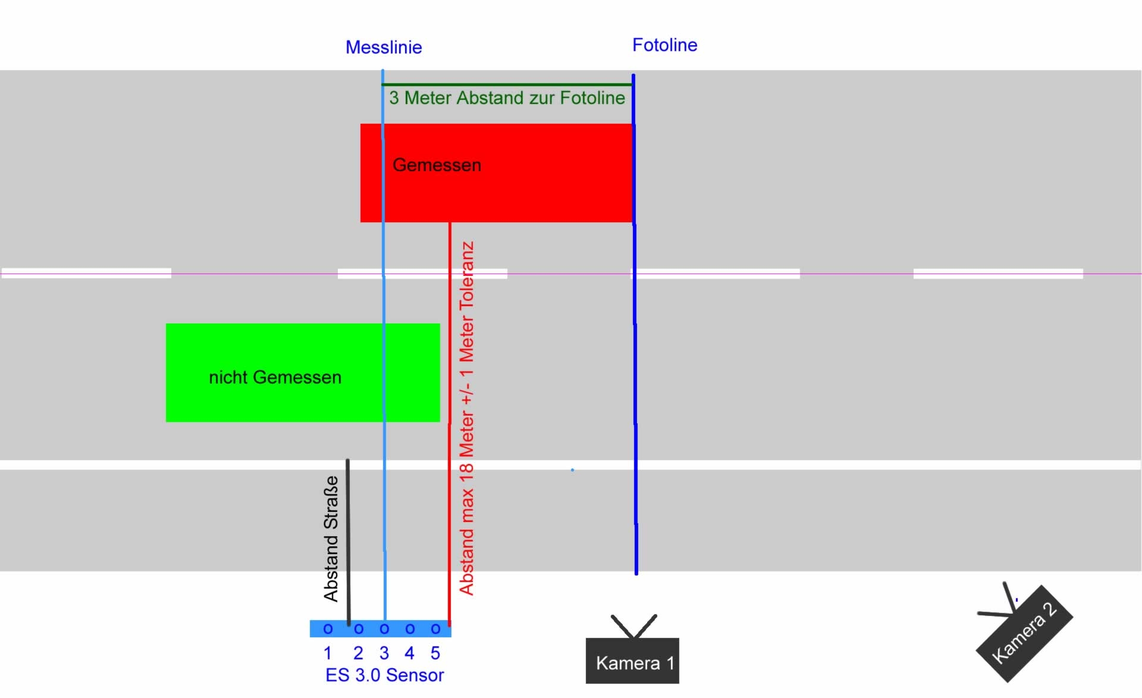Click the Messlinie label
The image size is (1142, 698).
point(384,48)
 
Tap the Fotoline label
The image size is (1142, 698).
point(664,45)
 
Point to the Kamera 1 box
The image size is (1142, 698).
point(632,661)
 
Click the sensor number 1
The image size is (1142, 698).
point(328,653)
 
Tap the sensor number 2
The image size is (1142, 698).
point(358,653)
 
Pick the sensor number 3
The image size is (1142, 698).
point(384,653)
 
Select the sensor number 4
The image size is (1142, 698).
point(409,653)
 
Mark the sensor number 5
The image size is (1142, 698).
point(435,653)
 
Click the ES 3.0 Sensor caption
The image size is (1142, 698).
point(384,675)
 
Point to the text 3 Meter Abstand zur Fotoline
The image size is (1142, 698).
point(507,98)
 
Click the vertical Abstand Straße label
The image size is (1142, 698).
point(331,538)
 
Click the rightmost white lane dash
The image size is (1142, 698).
point(998,273)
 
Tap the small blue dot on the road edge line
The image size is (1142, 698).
point(572,470)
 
